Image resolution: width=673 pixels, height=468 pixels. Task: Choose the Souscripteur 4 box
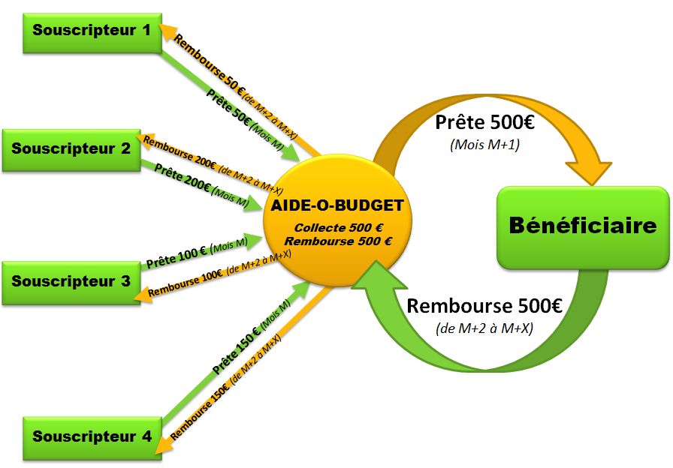click(92, 436)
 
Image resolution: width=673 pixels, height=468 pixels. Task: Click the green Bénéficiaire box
click(583, 226)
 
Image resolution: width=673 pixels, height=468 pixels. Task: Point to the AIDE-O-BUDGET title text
click(337, 205)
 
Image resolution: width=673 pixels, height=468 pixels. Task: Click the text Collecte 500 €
click(339, 227)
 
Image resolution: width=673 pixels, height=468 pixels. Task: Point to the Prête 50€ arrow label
click(228, 105)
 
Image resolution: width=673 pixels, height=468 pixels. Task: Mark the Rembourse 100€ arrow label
click(185, 282)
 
